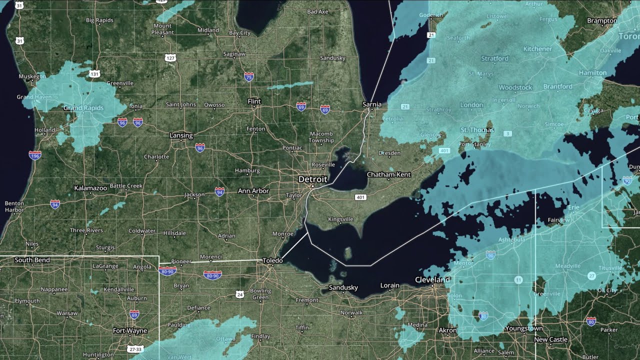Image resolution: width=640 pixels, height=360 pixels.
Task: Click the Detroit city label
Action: pyautogui.click(x=312, y=179)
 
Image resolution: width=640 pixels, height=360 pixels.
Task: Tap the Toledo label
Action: pyautogui.click(x=272, y=260)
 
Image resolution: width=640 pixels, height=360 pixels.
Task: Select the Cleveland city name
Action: pyautogui.click(x=432, y=279)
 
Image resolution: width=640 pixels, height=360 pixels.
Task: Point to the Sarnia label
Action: pyautogui.click(x=371, y=104)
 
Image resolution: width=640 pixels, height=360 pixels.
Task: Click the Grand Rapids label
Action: pyautogui.click(x=83, y=108)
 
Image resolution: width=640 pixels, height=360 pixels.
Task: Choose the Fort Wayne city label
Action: pyautogui.click(x=129, y=330)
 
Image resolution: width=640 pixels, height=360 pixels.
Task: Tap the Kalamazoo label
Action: pyautogui.click(x=90, y=188)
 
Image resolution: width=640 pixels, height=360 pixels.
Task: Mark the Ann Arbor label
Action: pyautogui.click(x=253, y=191)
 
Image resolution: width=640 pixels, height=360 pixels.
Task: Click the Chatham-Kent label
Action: pyautogui.click(x=388, y=174)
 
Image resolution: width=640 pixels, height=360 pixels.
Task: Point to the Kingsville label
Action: pyautogui.click(x=340, y=219)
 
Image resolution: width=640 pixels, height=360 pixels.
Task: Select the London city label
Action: pyautogui.click(x=471, y=105)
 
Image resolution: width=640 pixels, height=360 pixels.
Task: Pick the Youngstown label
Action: pyautogui.click(x=524, y=328)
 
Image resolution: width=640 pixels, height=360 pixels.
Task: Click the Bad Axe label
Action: pyautogui.click(x=317, y=11)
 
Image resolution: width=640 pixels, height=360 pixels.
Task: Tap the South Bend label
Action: pyautogui.click(x=32, y=260)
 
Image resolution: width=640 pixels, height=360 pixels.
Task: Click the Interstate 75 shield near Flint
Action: pyautogui.click(x=249, y=76)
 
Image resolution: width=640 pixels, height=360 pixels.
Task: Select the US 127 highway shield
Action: pyautogui.click(x=170, y=58)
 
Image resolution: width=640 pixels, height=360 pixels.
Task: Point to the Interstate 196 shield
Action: pyautogui.click(x=35, y=155)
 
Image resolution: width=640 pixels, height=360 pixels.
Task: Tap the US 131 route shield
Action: pyautogui.click(x=94, y=74)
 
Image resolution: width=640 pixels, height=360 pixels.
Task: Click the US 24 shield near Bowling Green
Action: pyautogui.click(x=240, y=295)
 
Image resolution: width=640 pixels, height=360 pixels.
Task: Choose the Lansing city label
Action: pyautogui.click(x=181, y=135)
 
